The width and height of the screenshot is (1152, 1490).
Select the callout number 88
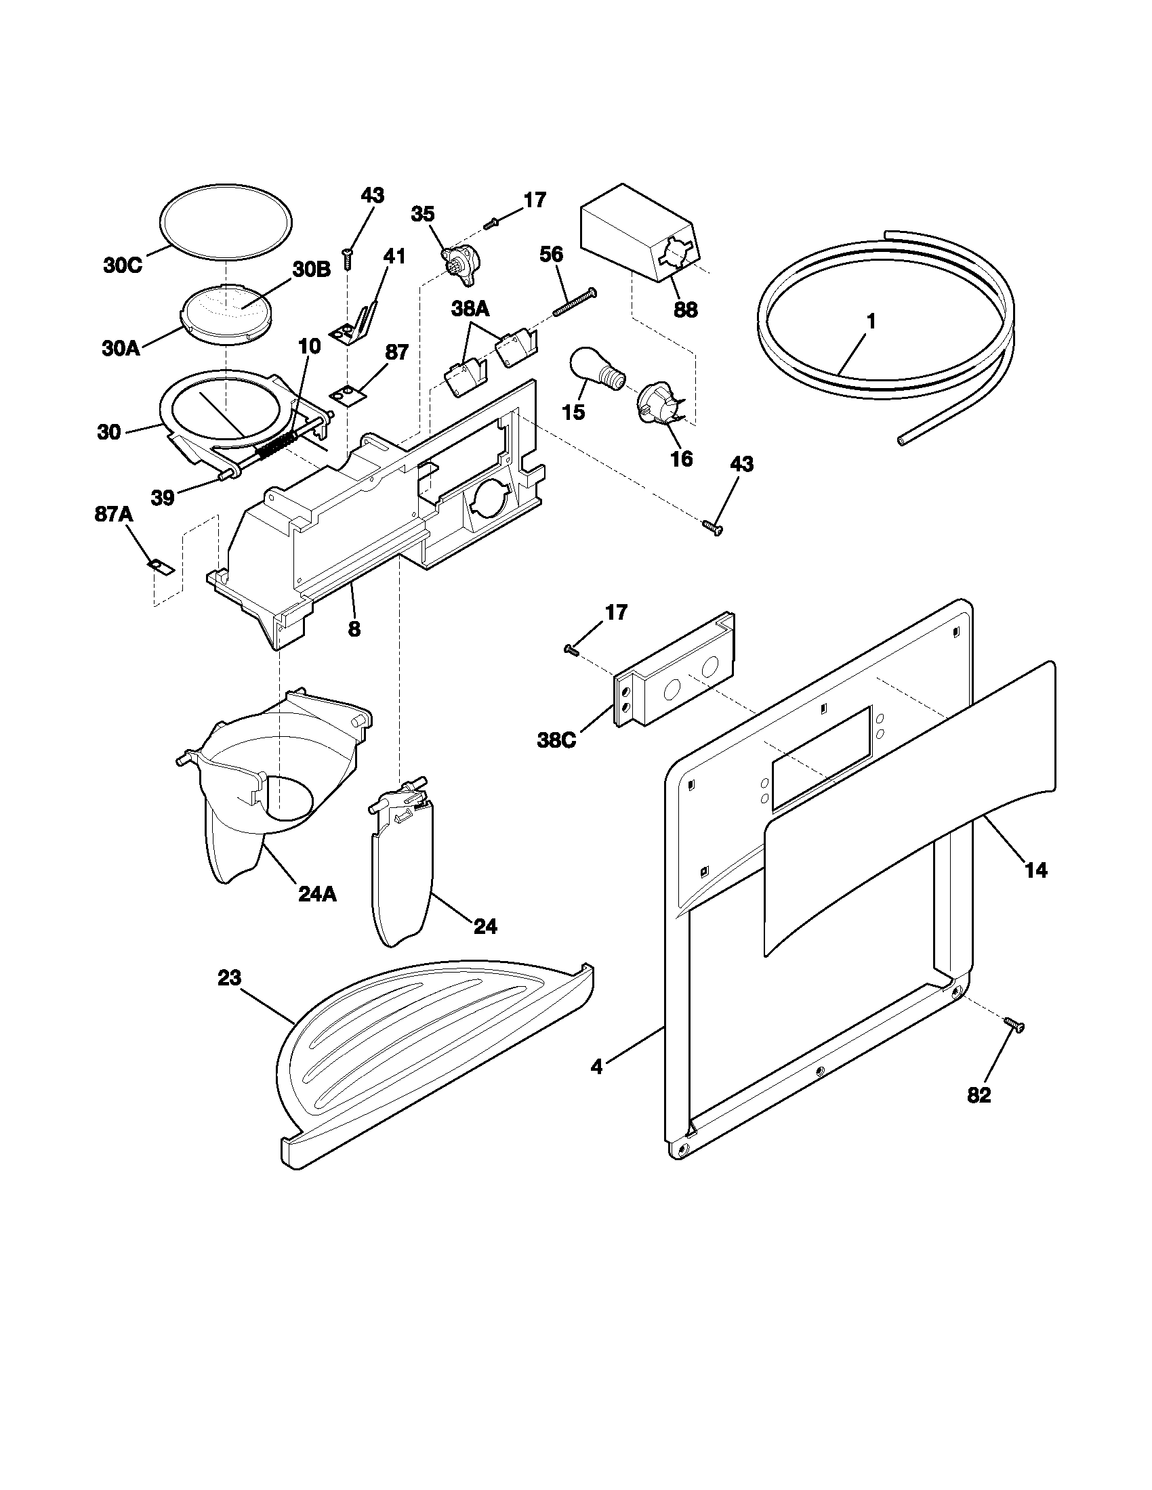point(686,310)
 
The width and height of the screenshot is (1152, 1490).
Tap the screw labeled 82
point(1014,1044)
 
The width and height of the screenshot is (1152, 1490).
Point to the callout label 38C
point(557,740)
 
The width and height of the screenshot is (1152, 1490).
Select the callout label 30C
point(123,265)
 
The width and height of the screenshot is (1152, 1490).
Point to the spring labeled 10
point(276,443)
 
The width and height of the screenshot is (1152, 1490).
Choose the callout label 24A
point(317,894)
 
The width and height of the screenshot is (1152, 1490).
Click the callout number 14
point(1035,870)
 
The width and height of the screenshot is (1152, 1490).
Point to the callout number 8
point(354,629)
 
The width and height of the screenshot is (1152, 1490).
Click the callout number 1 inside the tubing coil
point(871,320)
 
